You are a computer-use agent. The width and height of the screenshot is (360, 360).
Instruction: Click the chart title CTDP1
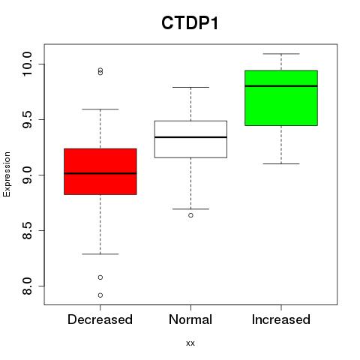(x=190, y=23)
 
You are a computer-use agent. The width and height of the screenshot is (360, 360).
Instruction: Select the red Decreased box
(x=100, y=172)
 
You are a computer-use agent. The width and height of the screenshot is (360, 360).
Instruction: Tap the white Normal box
(x=190, y=139)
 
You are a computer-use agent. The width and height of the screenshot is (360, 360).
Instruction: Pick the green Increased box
(x=281, y=98)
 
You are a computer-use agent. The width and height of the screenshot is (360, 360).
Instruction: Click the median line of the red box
(x=100, y=173)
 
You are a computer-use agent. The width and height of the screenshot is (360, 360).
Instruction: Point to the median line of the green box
(x=281, y=86)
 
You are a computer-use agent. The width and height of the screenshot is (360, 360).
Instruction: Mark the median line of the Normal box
(x=190, y=137)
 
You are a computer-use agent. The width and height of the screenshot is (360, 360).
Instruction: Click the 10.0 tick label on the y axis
(x=26, y=64)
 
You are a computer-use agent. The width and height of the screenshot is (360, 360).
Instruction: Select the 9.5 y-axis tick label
(x=26, y=119)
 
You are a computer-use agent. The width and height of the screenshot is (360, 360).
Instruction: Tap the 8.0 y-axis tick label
(x=26, y=286)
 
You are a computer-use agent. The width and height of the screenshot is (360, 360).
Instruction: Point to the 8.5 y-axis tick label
(x=26, y=230)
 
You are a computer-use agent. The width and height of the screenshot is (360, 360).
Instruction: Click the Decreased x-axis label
(x=100, y=319)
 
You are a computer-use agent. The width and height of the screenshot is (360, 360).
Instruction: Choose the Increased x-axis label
(x=281, y=319)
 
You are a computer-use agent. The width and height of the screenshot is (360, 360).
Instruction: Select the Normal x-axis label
(x=190, y=319)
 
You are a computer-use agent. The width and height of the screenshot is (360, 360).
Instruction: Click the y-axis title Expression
(x=7, y=174)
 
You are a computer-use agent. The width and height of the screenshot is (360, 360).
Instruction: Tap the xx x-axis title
(x=190, y=343)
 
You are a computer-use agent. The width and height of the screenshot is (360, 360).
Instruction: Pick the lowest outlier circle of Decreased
(x=100, y=295)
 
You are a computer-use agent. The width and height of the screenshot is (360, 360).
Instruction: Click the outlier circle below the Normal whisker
(x=190, y=215)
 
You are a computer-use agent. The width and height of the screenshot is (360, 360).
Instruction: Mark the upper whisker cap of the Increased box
(x=281, y=54)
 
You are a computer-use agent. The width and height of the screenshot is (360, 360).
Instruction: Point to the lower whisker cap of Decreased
(x=100, y=254)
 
